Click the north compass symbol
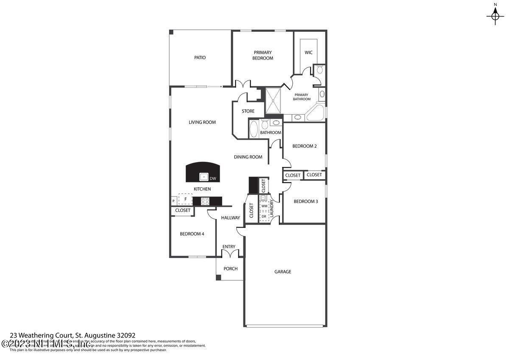(x=495, y=16)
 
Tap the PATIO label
(x=200, y=58)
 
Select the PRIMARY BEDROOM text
(x=263, y=55)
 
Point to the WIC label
(x=308, y=53)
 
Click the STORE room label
(x=248, y=111)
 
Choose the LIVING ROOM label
(x=202, y=122)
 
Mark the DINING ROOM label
(x=248, y=157)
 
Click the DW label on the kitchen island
(x=213, y=178)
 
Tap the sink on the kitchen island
(x=204, y=176)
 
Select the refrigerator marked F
(x=185, y=199)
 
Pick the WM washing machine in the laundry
(x=264, y=206)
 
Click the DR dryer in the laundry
(x=264, y=216)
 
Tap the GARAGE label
(x=282, y=272)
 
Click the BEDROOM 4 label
(x=192, y=233)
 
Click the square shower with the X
(x=274, y=100)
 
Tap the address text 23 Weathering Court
(x=73, y=335)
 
